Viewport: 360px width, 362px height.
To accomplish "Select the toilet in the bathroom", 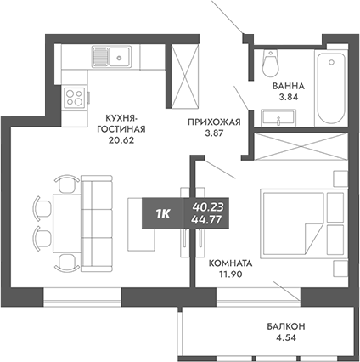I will (273, 64).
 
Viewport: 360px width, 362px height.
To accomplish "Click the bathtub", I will (326, 87).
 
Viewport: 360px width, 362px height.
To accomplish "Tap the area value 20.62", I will (123, 142).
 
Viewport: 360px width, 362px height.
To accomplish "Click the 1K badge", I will (163, 213).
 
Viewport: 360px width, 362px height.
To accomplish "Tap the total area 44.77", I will (209, 220).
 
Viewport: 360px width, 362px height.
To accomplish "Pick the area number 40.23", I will (209, 206).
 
